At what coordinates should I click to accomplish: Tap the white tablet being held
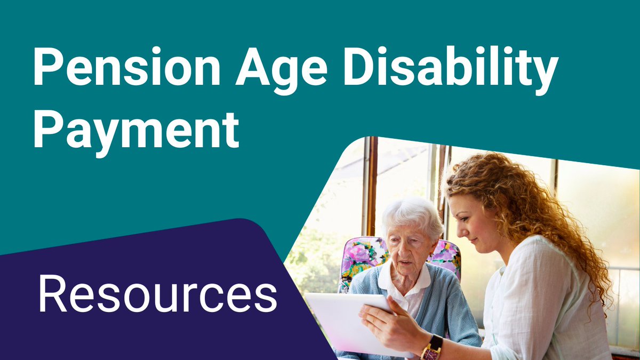click(341, 320)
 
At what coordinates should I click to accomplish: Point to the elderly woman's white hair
click(411, 213)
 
